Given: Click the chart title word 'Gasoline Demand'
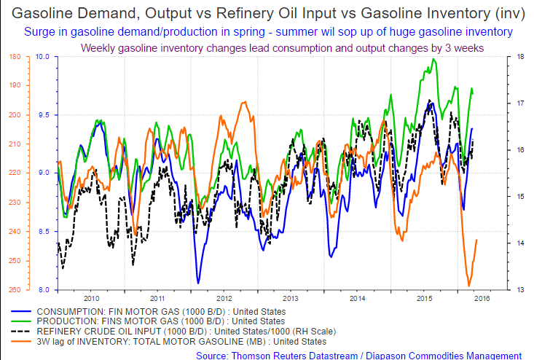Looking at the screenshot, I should click(x=65, y=13).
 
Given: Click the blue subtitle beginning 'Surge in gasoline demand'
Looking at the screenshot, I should click(x=268, y=32).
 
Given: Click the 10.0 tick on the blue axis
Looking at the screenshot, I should click(x=42, y=57).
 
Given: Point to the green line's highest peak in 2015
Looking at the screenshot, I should click(x=433, y=59).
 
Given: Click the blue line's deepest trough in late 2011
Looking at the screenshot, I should click(x=198, y=283).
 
